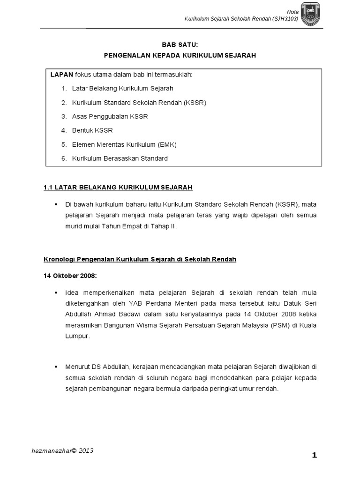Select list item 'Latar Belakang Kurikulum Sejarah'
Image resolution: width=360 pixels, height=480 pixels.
[x=123, y=88]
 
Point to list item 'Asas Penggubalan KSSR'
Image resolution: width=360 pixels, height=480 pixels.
[x=110, y=116]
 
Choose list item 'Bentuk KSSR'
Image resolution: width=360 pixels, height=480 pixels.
[x=92, y=130]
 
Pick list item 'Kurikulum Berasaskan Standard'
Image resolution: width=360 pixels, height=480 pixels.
[x=120, y=158]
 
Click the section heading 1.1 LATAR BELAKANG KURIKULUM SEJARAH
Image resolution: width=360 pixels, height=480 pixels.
[x=118, y=187]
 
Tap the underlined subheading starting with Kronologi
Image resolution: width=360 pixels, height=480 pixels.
[x=140, y=259]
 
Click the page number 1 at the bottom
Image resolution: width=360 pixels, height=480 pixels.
[x=315, y=455]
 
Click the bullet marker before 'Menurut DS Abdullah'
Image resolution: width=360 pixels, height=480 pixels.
[x=56, y=366]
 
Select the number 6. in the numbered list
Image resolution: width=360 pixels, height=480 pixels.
[x=64, y=158]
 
